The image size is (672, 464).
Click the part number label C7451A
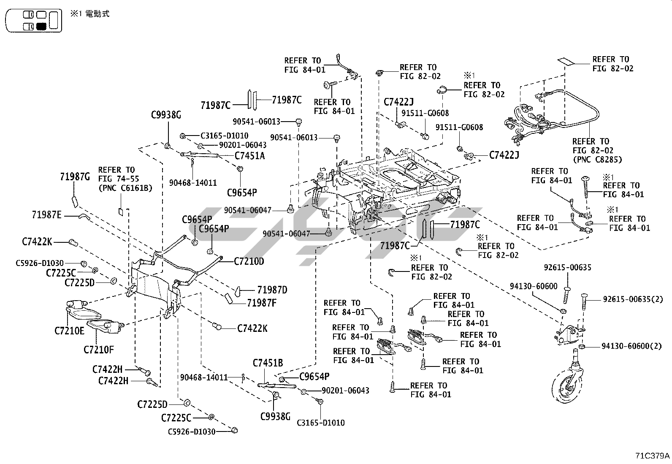(x=250, y=155)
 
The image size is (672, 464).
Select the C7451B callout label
(x=268, y=363)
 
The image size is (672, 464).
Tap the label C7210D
(x=249, y=261)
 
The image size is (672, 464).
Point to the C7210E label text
(x=69, y=331)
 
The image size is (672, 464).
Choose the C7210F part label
(x=99, y=350)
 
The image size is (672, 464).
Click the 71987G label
(x=75, y=177)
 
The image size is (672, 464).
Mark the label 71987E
(x=46, y=215)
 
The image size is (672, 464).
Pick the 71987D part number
(x=272, y=290)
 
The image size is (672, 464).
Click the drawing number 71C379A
(x=653, y=456)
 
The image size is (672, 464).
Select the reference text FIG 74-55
(x=119, y=179)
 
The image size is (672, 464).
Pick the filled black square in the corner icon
(x=41, y=27)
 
